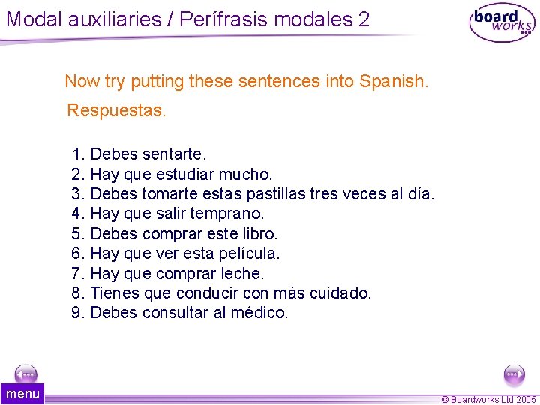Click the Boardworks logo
point(502,23)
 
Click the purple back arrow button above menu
point(26,373)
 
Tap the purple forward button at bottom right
point(514,373)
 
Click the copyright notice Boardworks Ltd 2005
point(488,400)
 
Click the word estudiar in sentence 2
point(185,174)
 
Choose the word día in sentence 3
point(419,194)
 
